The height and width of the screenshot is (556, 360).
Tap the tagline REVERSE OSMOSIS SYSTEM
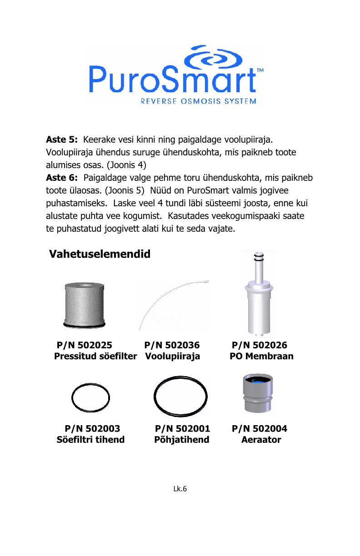(198, 101)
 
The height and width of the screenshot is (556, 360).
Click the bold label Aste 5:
(62, 138)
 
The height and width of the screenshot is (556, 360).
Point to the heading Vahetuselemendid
(100, 254)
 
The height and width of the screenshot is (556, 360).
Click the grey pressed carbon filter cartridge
(85, 304)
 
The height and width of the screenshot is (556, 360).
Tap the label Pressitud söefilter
(95, 357)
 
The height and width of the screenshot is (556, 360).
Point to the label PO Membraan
(261, 357)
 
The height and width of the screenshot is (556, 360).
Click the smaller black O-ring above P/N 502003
(91, 397)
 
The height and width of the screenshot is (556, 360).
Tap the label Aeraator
(261, 440)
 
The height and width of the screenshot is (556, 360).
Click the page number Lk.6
(180, 489)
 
